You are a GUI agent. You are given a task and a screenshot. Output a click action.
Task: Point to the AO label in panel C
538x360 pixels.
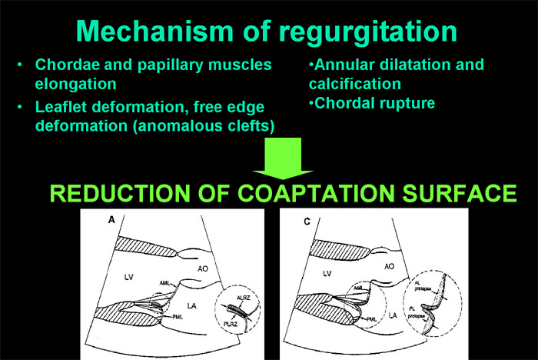click(389, 265)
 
